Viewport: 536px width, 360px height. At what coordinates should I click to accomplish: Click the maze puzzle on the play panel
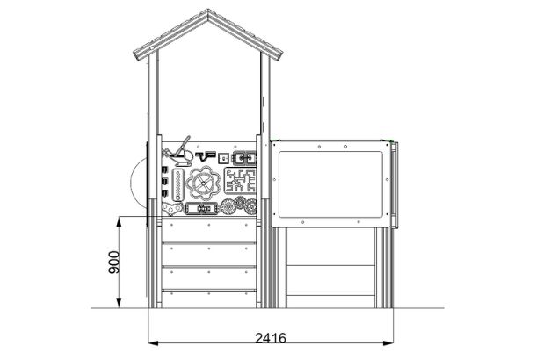point(239,183)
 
